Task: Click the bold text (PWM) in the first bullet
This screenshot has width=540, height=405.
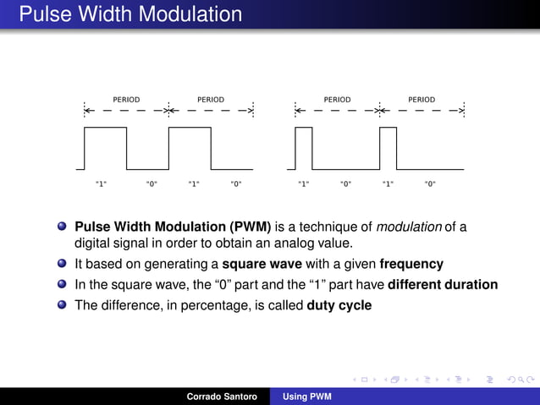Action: (x=250, y=227)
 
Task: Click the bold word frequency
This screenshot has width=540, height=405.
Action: (x=411, y=264)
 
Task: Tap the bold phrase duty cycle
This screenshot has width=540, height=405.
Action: (x=339, y=305)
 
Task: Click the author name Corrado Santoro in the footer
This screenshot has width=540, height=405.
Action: (x=222, y=396)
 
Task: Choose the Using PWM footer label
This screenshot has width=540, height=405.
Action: (x=307, y=396)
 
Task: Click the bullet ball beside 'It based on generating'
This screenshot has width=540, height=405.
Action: (x=63, y=264)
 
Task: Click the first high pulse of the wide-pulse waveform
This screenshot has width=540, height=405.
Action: (x=105, y=148)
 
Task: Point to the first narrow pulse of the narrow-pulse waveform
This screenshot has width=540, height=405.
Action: (x=303, y=148)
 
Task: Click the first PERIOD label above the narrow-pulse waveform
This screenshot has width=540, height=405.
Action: (x=337, y=100)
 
